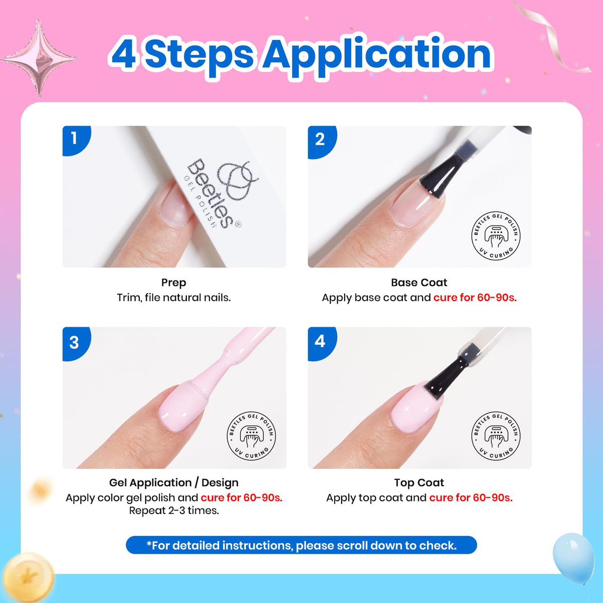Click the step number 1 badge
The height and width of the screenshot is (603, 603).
tap(75, 140)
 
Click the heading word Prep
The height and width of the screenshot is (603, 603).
tap(174, 282)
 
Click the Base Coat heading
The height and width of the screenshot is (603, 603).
tap(419, 282)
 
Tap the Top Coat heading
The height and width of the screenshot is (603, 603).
tap(419, 483)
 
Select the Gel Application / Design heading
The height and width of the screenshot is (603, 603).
tap(174, 483)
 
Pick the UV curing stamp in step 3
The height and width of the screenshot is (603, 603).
tap(251, 436)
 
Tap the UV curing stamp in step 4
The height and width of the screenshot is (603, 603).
tap(495, 436)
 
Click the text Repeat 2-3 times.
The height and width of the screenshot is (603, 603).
tap(174, 511)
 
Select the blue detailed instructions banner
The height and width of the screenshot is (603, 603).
tap(301, 546)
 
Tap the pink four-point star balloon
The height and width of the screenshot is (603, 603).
tap(39, 58)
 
